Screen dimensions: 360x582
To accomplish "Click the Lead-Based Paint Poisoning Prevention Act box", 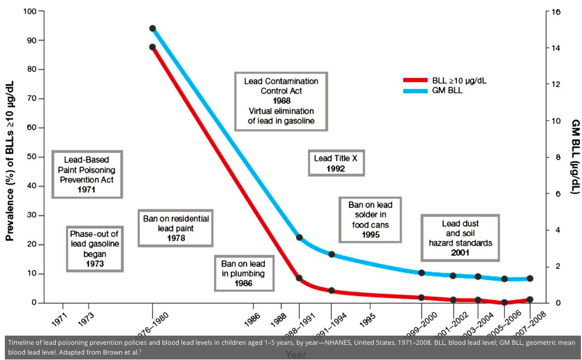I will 86,175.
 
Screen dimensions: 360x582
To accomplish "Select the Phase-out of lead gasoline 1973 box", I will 94,248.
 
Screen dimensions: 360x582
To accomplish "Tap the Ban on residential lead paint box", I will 176,228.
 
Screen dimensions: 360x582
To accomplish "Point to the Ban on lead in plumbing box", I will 243,273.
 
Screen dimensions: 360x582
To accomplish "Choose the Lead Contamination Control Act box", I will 281,101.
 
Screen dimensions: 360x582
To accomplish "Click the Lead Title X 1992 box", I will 336,163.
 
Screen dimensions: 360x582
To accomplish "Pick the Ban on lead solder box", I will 370,219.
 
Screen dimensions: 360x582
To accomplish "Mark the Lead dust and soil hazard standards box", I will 460,237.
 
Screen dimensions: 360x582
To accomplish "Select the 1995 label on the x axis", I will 366,319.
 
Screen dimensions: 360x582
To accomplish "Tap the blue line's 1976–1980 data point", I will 152,28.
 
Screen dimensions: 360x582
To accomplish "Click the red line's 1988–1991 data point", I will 299,278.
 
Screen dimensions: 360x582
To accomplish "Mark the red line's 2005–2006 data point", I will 504,302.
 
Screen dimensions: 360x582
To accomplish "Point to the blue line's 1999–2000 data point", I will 421,272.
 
